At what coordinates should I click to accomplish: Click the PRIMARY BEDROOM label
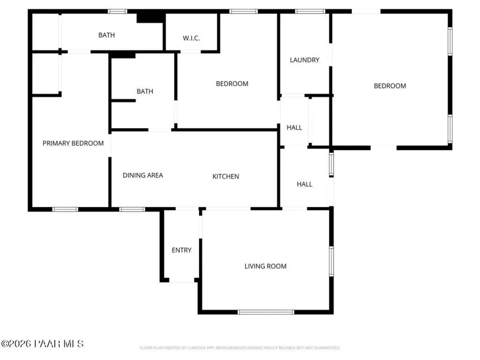coord(73,143)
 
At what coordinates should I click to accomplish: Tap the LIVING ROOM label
coord(265,266)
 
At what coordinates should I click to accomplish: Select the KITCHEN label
coord(226,177)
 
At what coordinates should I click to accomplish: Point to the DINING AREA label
coord(143,175)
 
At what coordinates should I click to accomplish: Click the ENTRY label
coord(181,250)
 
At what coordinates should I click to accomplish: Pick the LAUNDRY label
coord(305,60)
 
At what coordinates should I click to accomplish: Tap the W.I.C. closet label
coord(191,38)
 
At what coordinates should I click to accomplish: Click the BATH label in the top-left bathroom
coord(106,35)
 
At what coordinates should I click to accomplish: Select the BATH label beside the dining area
coord(145,91)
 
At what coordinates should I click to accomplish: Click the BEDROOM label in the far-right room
coord(390,86)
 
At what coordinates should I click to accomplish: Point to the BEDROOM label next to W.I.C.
coord(232,84)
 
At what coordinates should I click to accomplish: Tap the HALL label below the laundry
coord(294,127)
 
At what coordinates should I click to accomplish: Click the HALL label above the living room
coord(305,184)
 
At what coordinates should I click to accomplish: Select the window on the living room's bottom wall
coord(266,312)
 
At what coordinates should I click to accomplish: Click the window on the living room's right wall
coord(331,261)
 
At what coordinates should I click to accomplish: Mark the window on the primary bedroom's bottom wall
coord(65,209)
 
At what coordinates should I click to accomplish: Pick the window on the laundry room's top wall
coord(310,11)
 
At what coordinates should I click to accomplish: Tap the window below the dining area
coord(132,209)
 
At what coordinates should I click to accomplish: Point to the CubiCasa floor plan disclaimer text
coord(240,348)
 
